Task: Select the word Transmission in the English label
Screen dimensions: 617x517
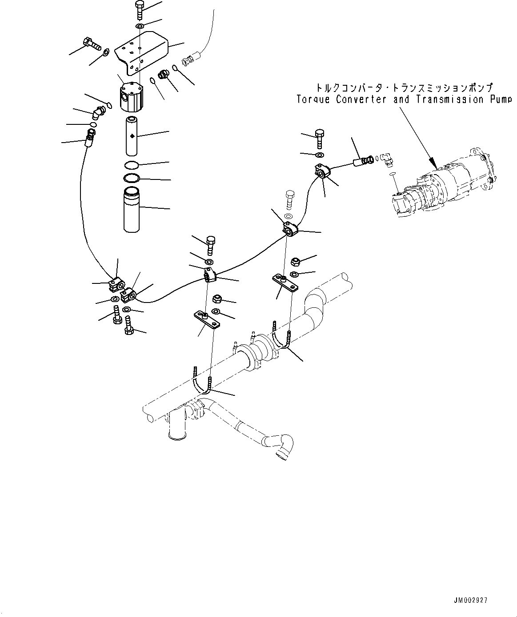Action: click(x=441, y=100)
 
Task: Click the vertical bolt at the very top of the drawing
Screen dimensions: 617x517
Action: click(x=138, y=9)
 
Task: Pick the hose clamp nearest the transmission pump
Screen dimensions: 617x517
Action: click(x=321, y=171)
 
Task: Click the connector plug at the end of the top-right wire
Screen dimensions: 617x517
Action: click(x=188, y=58)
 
